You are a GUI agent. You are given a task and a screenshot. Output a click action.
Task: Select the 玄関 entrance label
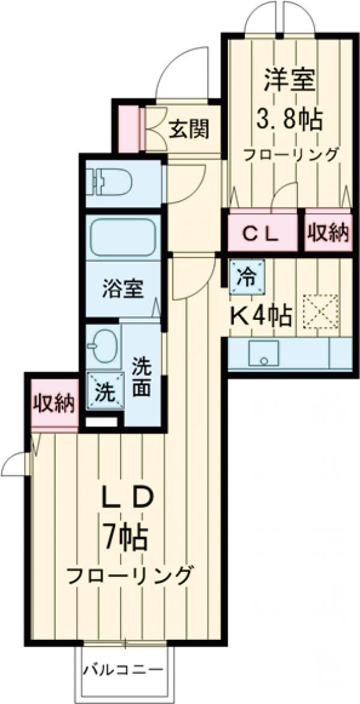click(x=188, y=128)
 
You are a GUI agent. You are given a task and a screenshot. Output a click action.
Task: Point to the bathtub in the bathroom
click(x=124, y=238)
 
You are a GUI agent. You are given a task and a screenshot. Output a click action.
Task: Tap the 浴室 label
click(x=123, y=290)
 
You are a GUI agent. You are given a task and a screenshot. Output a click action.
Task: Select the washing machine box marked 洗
click(x=104, y=392)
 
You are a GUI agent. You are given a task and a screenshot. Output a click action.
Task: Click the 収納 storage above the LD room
click(x=53, y=404)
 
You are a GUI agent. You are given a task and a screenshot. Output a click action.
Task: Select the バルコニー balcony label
click(x=122, y=669)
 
